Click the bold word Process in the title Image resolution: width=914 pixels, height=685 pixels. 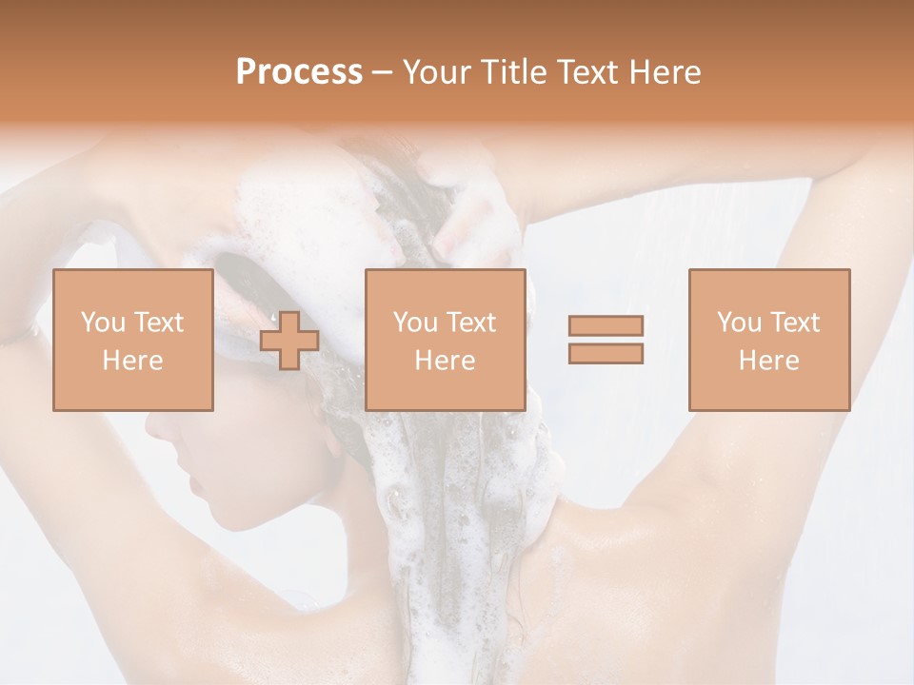click(x=299, y=72)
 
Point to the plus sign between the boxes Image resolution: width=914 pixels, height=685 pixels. click(x=289, y=341)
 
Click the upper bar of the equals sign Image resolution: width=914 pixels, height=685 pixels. click(x=606, y=325)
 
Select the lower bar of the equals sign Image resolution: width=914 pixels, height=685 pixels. click(x=606, y=354)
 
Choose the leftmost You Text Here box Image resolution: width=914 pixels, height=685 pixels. click(x=133, y=340)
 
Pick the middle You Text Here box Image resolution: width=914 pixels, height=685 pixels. click(x=445, y=340)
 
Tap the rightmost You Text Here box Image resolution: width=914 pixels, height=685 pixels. click(x=768, y=340)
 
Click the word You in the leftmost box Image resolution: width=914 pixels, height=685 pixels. click(x=103, y=323)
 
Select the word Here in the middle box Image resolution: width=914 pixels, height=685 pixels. click(x=445, y=361)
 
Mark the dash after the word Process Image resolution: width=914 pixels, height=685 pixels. click(x=383, y=72)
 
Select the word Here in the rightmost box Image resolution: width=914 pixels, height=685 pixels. click(x=768, y=361)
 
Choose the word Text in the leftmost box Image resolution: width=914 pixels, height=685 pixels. click(x=159, y=323)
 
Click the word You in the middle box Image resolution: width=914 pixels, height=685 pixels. click(x=415, y=323)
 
